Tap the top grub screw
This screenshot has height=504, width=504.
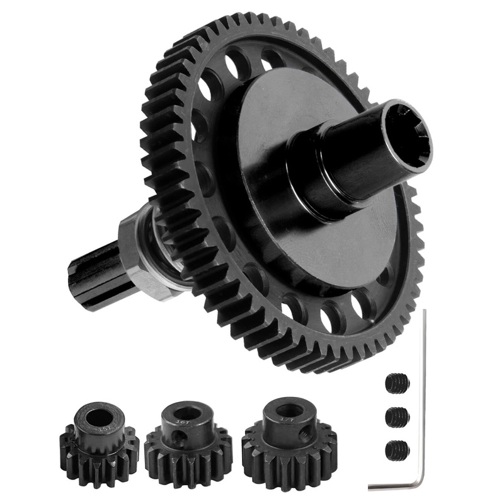click(396, 382)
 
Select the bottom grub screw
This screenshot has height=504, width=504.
click(396, 449)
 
